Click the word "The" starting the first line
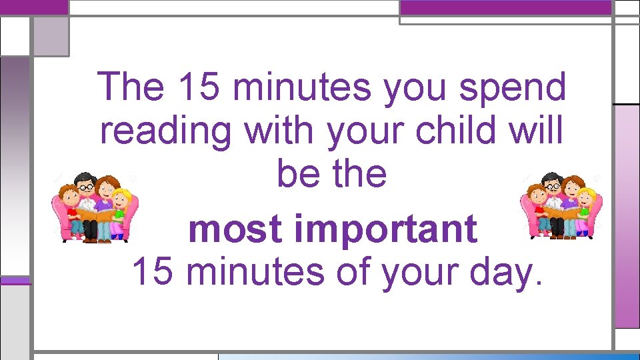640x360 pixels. point(131,87)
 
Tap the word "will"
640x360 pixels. point(537,131)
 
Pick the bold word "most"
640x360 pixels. point(236,229)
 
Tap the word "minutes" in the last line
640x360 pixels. point(261,271)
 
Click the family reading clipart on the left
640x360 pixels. point(95,207)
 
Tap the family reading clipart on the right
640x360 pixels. point(561,206)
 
